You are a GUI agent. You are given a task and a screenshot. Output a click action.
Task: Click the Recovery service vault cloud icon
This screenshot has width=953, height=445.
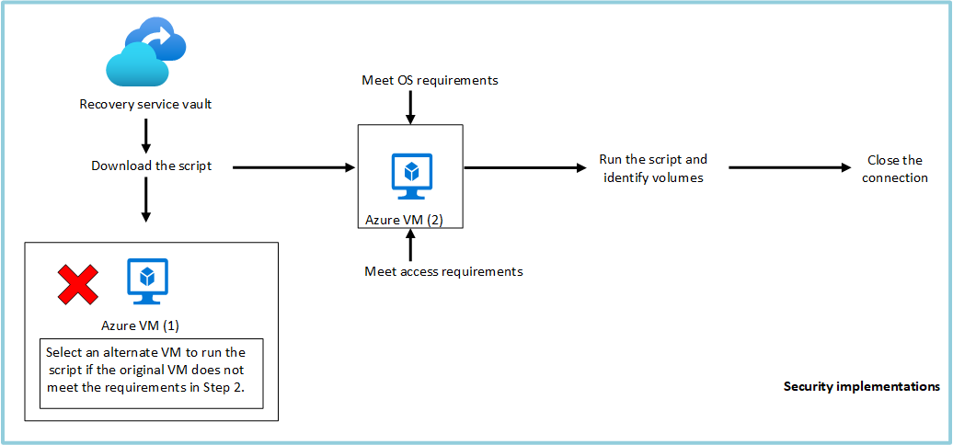(145, 54)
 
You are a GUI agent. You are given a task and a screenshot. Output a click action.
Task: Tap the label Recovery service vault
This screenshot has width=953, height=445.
(145, 104)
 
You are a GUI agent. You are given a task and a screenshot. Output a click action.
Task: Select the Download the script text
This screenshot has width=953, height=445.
(152, 166)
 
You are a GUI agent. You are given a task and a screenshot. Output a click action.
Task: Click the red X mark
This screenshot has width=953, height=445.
(78, 284)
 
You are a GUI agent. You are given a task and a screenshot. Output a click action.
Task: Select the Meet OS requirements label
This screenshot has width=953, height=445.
(430, 80)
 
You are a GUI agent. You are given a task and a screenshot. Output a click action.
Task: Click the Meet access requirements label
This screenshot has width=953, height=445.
(443, 271)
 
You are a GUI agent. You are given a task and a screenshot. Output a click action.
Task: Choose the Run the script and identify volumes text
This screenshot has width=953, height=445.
(653, 168)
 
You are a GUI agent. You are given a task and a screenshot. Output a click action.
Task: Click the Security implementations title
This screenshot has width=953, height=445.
(861, 387)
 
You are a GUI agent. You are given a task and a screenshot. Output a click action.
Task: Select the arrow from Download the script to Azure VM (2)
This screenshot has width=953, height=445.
(294, 167)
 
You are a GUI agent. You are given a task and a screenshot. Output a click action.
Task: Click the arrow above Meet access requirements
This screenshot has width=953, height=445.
(410, 245)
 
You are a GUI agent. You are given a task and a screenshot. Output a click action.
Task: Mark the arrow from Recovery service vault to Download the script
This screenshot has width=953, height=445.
(145, 135)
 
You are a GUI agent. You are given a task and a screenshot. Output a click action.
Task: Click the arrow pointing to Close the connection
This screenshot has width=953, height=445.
(790, 167)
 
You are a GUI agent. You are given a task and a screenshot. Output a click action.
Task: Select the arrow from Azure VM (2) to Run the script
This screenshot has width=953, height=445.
(524, 167)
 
